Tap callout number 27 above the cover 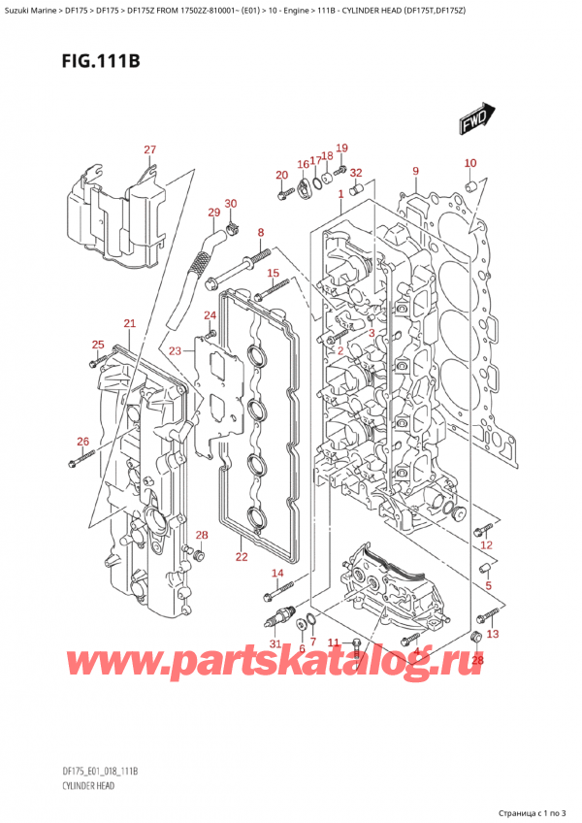pyautogui.click(x=149, y=149)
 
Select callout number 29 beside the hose pyautogui.click(x=213, y=213)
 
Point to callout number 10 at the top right pyautogui.click(x=470, y=163)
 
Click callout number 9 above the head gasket pyautogui.click(x=415, y=172)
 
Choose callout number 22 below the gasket pyautogui.click(x=242, y=556)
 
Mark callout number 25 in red pyautogui.click(x=98, y=345)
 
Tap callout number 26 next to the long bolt pyautogui.click(x=82, y=442)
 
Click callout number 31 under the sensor pyautogui.click(x=275, y=645)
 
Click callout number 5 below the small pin pyautogui.click(x=489, y=585)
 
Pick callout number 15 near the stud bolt pyautogui.click(x=274, y=273)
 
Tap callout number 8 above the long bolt pyautogui.click(x=261, y=233)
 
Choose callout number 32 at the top pyautogui.click(x=356, y=173)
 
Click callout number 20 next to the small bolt pyautogui.click(x=281, y=175)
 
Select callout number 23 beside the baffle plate pyautogui.click(x=175, y=350)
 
